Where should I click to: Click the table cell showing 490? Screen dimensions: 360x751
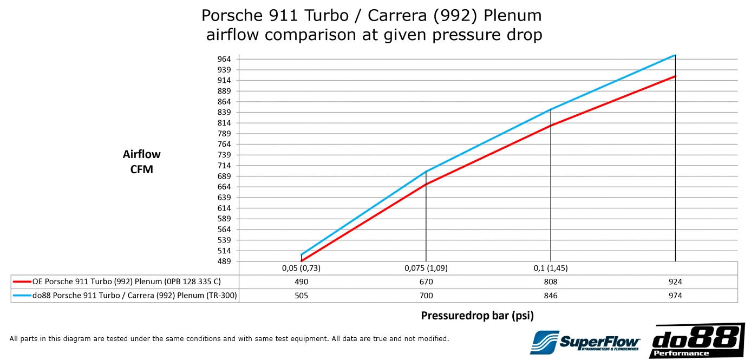[x=301, y=282]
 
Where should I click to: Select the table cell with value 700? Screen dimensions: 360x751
[x=426, y=296]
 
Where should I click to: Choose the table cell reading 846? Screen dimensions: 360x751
[x=550, y=296]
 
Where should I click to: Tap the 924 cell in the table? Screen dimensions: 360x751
[x=675, y=282]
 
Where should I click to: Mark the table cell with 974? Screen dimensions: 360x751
[x=675, y=296]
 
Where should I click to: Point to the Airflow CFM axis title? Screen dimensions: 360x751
[x=142, y=161]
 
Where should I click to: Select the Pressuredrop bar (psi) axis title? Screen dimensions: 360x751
[x=477, y=315]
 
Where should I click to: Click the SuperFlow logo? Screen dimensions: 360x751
[x=585, y=342]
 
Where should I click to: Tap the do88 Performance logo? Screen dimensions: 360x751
[x=697, y=341]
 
